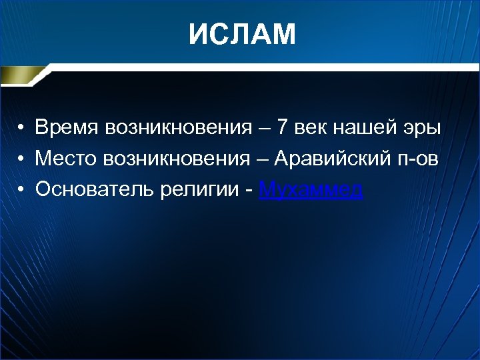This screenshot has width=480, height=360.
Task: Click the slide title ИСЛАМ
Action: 241,35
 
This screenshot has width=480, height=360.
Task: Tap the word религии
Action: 199,191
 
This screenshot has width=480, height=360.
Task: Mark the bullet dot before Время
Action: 22,127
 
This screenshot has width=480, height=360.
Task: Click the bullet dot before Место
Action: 22,159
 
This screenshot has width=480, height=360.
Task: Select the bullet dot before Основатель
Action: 22,191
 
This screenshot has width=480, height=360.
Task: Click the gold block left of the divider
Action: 19,75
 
